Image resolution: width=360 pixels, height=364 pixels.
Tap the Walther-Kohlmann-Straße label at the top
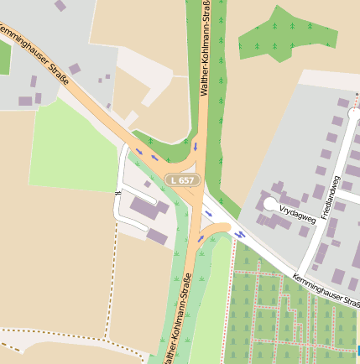(206, 48)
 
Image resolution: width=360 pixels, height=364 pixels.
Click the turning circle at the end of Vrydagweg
(269, 204)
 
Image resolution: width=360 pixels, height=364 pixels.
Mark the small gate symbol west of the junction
(117, 193)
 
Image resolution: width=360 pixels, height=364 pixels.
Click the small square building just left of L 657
(148, 184)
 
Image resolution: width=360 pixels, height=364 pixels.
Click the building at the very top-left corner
(60, 5)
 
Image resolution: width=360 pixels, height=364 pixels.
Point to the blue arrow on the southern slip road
(201, 237)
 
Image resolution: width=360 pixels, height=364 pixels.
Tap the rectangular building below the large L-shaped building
(157, 236)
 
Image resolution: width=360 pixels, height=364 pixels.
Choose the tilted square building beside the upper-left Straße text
(74, 69)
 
